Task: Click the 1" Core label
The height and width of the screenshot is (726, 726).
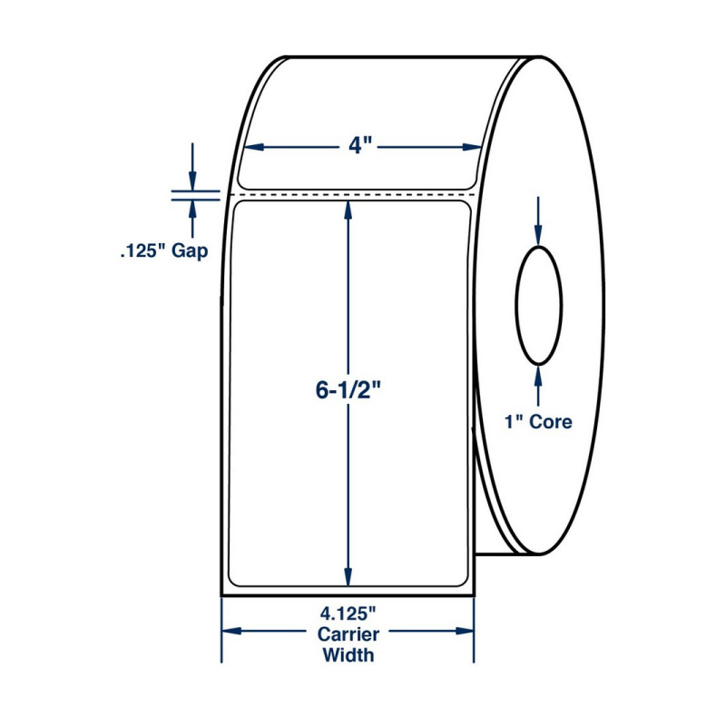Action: click(x=538, y=422)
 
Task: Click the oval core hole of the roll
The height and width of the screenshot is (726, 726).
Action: click(x=539, y=304)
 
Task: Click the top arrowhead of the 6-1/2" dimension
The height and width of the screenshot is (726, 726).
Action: click(x=348, y=210)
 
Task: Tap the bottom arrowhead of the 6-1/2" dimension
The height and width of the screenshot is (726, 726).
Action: click(x=348, y=577)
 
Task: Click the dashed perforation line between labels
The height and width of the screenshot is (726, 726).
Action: click(x=354, y=193)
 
